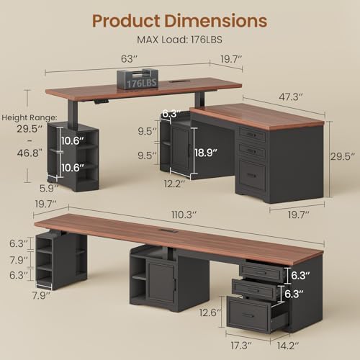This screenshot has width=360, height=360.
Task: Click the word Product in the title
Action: pyautogui.click(x=127, y=19)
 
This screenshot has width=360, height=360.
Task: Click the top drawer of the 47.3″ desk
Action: pyautogui.click(x=251, y=135)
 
